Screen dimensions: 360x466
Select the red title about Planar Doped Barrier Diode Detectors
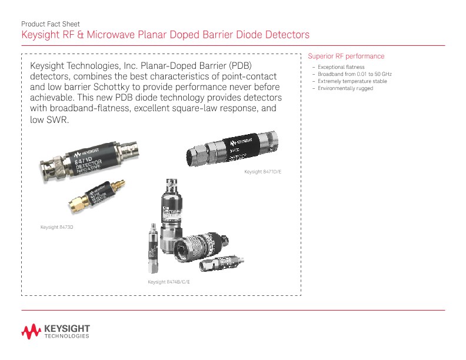coord(165,35)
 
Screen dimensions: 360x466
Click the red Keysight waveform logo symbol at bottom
coord(31,332)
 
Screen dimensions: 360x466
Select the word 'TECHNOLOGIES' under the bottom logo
coord(67,337)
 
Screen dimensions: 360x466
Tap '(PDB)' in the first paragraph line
coord(244,64)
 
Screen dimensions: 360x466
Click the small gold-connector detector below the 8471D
coord(98,195)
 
